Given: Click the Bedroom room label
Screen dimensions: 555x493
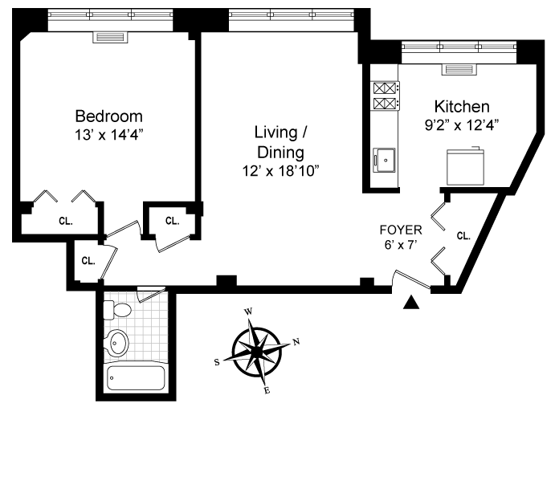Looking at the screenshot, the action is (108, 116).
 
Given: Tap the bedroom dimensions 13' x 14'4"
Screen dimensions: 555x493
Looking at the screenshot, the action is (108, 135).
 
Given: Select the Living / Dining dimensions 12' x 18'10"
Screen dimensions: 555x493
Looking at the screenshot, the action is (280, 171).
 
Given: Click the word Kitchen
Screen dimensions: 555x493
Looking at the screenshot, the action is (462, 107).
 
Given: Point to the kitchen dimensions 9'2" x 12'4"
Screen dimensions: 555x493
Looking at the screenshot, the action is (462, 125).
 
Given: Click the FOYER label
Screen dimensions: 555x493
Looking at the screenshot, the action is (401, 230).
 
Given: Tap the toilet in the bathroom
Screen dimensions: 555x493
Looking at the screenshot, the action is (117, 310).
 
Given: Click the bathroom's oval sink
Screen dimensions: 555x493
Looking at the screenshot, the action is (116, 343).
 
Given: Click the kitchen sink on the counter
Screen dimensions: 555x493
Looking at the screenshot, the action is (384, 160).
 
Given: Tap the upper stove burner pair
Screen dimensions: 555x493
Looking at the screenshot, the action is (385, 88).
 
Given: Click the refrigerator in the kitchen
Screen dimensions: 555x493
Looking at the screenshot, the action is (465, 167).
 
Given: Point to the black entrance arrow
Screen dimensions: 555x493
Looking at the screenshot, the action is (411, 302).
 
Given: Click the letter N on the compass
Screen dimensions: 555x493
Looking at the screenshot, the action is (296, 341).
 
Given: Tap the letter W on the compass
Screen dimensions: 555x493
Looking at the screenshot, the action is (248, 312).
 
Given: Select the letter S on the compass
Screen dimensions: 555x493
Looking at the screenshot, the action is (217, 362).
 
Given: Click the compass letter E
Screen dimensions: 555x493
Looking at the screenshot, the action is (267, 390).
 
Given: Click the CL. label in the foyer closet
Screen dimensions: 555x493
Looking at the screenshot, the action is (463, 236).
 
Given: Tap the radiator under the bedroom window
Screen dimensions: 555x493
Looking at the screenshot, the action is (110, 37).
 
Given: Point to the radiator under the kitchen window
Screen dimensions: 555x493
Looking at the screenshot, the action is (459, 69).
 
